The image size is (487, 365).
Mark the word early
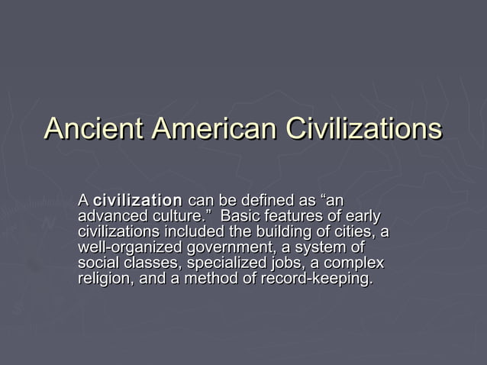[x=361, y=217]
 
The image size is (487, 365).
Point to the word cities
[x=347, y=232]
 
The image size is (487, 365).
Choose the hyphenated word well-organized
[x=130, y=248]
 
